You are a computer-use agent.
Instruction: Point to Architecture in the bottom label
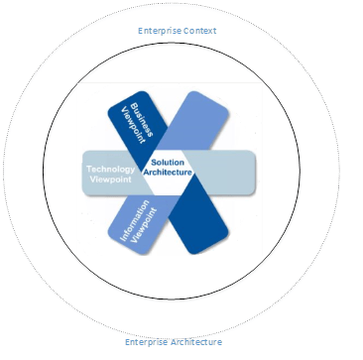coord(198,342)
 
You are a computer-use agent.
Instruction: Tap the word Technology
coord(111,171)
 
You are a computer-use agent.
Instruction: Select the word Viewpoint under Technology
coord(111,182)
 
